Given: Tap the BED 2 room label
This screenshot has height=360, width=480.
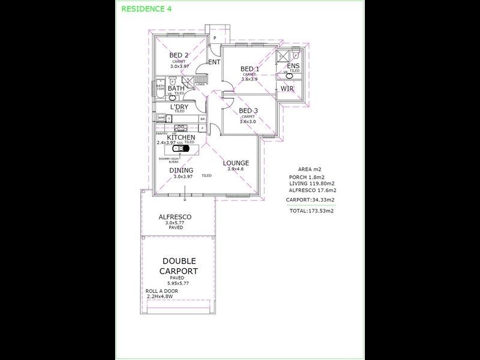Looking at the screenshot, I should click(179, 55).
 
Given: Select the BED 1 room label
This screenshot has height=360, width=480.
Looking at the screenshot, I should click(250, 68).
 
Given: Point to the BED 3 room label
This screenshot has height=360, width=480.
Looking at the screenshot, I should click(248, 110).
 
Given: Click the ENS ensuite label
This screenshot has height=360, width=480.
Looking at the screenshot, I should click(294, 65).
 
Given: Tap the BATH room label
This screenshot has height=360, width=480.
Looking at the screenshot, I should click(176, 89).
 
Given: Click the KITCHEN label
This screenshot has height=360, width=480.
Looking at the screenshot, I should click(181, 137).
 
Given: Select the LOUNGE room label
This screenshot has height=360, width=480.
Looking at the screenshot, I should click(236, 163).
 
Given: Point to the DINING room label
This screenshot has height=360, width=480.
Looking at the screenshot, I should click(181, 170).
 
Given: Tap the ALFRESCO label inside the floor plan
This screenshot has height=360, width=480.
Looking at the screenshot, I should click(175, 217).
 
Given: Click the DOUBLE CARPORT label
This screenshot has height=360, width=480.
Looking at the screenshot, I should click(178, 266).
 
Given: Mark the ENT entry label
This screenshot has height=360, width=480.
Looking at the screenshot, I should click(214, 62).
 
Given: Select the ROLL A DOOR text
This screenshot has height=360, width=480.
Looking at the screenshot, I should click(162, 291).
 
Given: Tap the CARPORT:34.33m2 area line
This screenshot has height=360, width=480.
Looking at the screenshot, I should click(310, 199).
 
